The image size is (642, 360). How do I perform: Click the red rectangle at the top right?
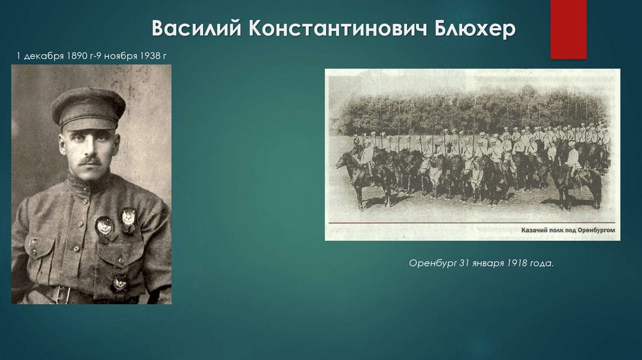click(568, 29)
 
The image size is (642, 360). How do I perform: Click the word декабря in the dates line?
click(43, 57)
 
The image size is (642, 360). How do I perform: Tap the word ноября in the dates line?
click(120, 57)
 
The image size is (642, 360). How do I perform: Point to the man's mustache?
click(90, 161)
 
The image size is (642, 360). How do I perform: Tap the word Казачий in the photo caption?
click(535, 231)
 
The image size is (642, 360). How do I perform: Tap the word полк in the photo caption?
click(561, 231)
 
